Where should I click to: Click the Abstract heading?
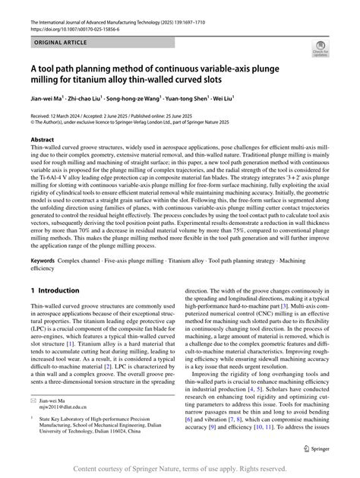pyautogui.click(x=43, y=141)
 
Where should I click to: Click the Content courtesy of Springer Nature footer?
pyautogui.click(x=180, y=470)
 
